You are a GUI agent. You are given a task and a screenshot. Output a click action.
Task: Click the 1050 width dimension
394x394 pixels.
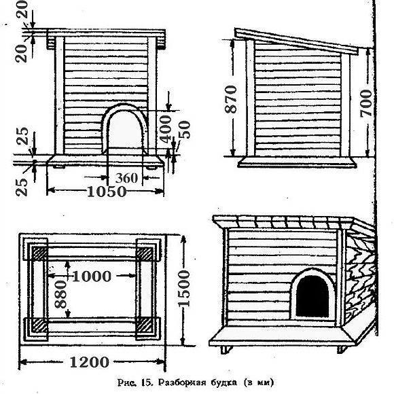pos(107,192)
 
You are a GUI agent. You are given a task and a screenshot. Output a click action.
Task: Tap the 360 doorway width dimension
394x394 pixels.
pos(126,178)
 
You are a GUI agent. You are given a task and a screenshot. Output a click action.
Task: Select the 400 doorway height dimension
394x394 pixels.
pos(166,129)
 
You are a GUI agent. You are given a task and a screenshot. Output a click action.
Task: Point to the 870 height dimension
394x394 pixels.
pos(231,99)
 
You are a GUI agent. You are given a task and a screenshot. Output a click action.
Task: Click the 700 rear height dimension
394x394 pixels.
pos(365,103)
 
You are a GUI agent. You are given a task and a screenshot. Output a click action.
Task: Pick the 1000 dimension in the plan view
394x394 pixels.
pos(92,276)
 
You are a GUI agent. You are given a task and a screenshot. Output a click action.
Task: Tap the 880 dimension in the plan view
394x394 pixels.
pos(60,295)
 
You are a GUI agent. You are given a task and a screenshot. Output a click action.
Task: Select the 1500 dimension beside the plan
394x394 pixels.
pos(184,289)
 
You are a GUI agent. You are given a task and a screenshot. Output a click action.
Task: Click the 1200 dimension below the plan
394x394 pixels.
pos(89,362)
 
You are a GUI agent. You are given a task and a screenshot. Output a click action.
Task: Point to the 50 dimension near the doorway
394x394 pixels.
pos(185,130)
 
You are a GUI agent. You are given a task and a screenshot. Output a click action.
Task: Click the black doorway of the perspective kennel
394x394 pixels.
pos(312,296)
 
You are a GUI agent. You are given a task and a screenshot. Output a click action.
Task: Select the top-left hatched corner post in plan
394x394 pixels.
pos(39,253)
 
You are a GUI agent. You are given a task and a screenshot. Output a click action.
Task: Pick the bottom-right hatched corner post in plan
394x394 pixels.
pos(145,325)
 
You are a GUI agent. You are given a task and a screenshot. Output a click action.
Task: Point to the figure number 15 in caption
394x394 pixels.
pos(147,382)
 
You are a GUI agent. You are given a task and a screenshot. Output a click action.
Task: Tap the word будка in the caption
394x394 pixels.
pos(223,382)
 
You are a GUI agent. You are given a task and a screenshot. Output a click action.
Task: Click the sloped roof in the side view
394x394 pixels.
pos(296,41)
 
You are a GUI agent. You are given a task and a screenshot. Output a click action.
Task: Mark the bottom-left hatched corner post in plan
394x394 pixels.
pos(39,325)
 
